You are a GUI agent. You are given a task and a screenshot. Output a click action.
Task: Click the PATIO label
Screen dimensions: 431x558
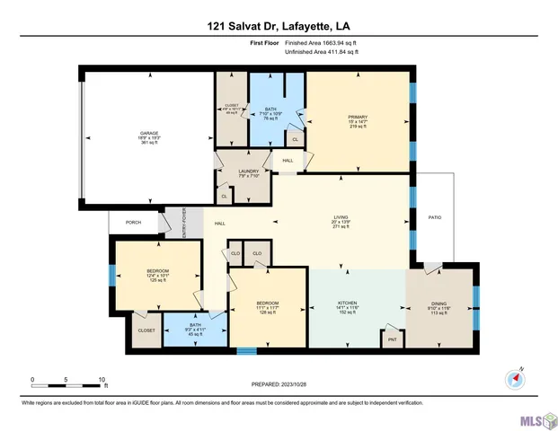click(434, 217)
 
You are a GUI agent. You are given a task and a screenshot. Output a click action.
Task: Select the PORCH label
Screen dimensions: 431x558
click(133, 222)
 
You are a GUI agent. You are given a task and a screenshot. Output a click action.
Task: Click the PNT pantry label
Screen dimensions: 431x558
click(392, 340)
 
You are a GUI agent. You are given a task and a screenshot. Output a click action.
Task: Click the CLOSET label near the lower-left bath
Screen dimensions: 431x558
click(146, 330)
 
